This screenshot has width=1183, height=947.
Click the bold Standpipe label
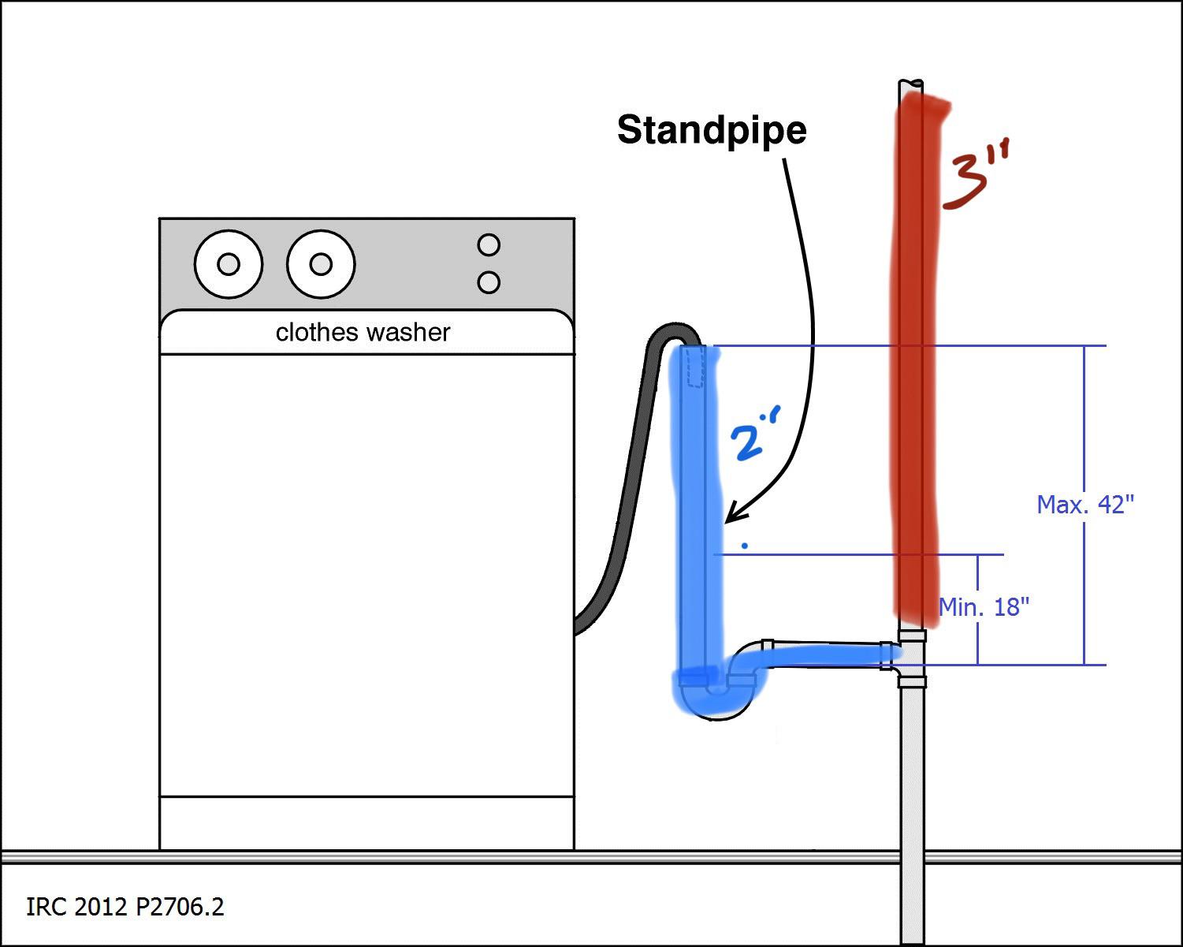coord(712,130)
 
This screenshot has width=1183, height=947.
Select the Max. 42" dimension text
coord(1085,504)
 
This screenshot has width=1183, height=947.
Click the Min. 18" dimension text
coord(984,606)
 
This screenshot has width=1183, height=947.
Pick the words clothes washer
coord(363,332)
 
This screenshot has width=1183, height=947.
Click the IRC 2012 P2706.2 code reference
coord(125,907)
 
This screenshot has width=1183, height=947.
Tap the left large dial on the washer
coord(228,264)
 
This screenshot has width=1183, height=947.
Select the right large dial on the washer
coord(320,264)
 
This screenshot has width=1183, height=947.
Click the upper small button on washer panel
coord(489,245)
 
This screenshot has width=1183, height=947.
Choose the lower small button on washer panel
coord(489,282)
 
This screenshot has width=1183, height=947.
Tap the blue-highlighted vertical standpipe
coord(698,513)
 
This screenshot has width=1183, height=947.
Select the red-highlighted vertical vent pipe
coord(916,355)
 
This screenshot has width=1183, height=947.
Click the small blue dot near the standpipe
coord(745,545)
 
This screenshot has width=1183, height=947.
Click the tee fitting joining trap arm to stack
coord(911,657)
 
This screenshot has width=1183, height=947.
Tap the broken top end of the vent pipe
coord(912,83)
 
